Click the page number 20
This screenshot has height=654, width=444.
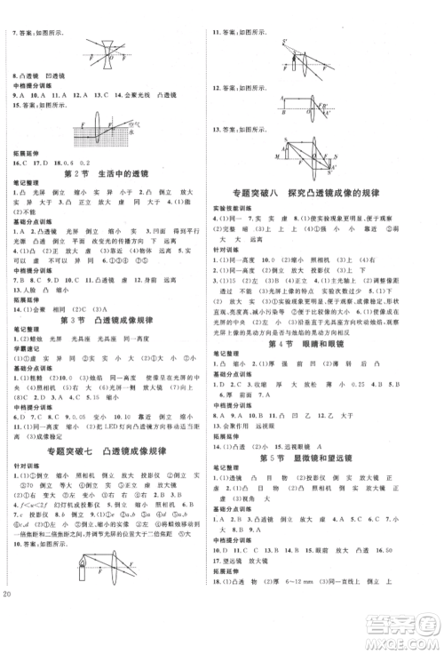click(10, 642)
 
